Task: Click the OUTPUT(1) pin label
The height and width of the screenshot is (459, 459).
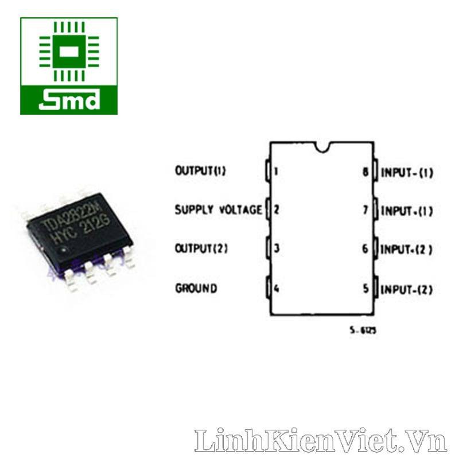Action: point(200,171)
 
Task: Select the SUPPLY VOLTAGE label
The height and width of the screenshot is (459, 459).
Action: point(218,210)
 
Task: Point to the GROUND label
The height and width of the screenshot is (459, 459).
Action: point(196,288)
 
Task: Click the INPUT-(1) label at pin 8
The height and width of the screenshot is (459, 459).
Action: point(407,172)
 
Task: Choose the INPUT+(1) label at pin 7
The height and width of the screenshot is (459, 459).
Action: point(407,211)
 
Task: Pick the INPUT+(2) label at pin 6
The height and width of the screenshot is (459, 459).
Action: point(407,250)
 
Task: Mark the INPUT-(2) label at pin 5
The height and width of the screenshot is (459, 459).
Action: point(407,289)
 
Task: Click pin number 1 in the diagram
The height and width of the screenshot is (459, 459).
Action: point(277,171)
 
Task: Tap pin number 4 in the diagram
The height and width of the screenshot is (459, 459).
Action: point(277,288)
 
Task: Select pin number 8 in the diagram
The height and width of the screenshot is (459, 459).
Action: point(365,172)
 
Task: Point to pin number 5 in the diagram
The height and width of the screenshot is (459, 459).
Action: point(365,289)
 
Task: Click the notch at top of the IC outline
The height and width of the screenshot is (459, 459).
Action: point(321,146)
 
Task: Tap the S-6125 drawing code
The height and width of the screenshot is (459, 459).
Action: point(363,331)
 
